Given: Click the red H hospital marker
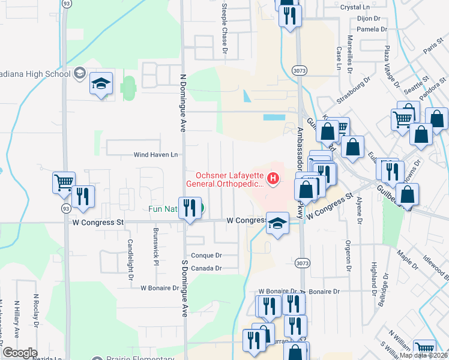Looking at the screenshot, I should click(274, 178).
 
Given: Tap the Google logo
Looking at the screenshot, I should click(20, 353).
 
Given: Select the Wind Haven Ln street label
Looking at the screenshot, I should click(156, 155).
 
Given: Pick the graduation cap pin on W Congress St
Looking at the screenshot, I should click(277, 224).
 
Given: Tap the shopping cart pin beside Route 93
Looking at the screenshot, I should click(64, 182).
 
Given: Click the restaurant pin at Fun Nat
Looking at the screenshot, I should click(190, 208).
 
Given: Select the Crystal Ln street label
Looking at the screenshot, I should click(355, 7).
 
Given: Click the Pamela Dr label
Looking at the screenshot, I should click(372, 29).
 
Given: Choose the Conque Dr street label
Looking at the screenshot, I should click(207, 254).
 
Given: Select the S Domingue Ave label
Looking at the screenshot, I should click(185, 300).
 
